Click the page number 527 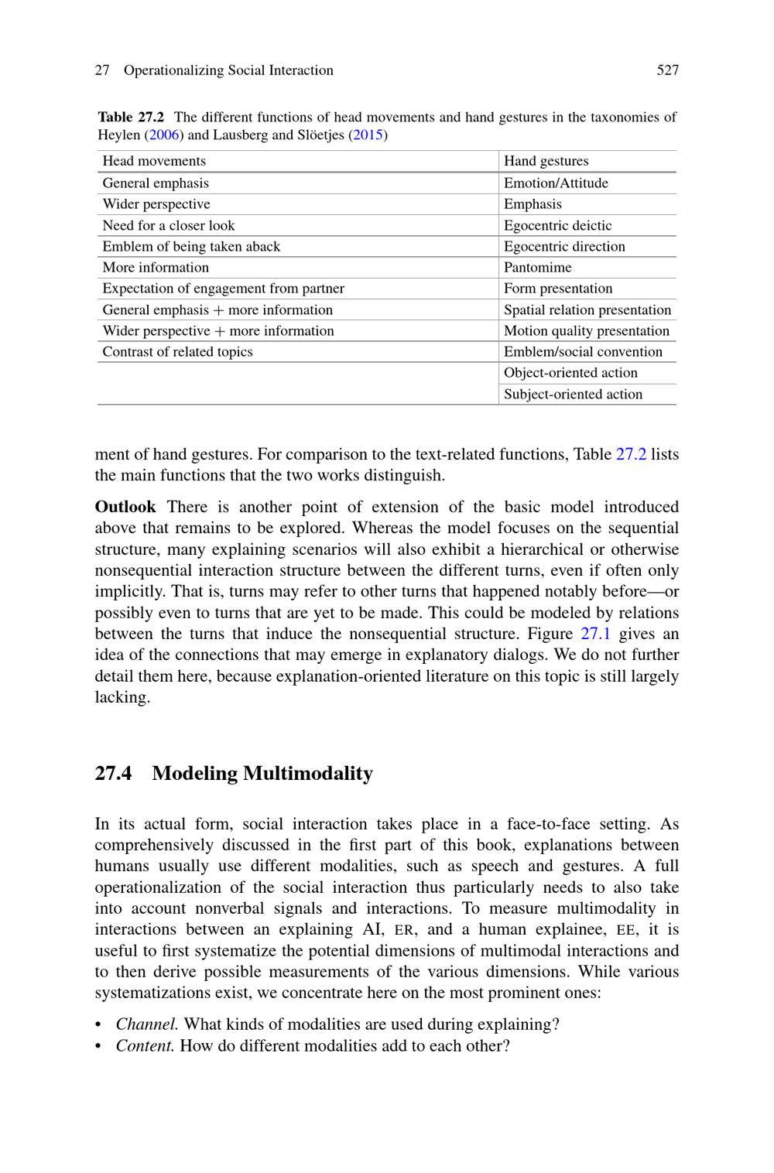(x=667, y=70)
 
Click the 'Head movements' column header (x=154, y=161)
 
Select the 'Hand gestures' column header (x=546, y=161)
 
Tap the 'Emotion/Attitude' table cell (x=556, y=183)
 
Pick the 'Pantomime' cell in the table (x=537, y=268)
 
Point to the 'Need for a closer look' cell (x=168, y=226)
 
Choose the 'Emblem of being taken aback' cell (x=191, y=247)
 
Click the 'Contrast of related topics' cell (x=177, y=352)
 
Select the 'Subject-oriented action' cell (x=573, y=395)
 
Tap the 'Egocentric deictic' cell (x=557, y=226)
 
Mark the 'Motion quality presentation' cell (x=586, y=331)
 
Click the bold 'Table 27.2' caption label (x=131, y=118)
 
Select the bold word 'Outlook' (x=125, y=508)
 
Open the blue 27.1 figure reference (x=595, y=634)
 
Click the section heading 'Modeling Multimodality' (x=262, y=774)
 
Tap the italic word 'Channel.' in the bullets (x=147, y=1025)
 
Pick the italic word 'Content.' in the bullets (x=145, y=1046)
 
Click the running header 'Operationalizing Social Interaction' (x=228, y=70)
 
